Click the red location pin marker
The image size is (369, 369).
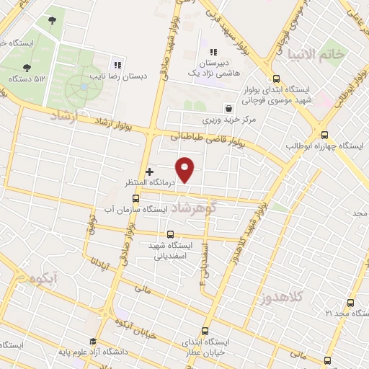(185, 169)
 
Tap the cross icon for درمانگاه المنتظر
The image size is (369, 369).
(149, 172)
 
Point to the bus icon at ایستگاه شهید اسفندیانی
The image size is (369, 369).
(170, 234)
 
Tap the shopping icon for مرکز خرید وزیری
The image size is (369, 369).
(228, 108)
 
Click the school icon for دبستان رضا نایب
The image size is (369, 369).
(117, 65)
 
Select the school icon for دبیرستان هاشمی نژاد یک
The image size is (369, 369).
(213, 52)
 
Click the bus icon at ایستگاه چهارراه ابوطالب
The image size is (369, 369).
(324, 134)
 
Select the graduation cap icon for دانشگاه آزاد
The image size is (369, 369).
(92, 342)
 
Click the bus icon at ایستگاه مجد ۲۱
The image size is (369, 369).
(351, 303)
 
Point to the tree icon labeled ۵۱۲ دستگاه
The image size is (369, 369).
(27, 68)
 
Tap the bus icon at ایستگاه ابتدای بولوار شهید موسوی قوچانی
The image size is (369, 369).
(276, 80)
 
